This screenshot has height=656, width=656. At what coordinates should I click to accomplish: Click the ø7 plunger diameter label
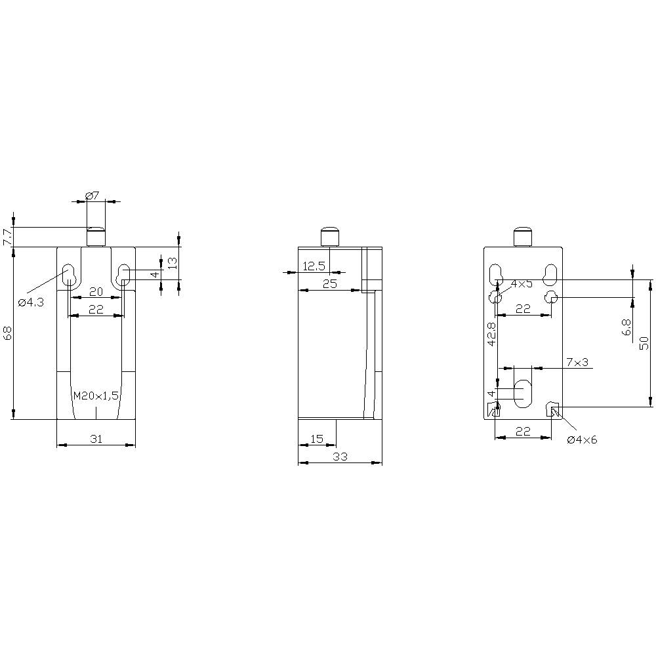point(92,195)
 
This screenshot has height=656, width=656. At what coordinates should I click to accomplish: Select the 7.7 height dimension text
point(7,236)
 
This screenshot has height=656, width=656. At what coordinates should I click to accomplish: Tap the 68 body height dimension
point(7,333)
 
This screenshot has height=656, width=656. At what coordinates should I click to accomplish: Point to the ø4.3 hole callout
point(31,302)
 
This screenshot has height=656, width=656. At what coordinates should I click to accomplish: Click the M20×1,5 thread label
point(96,396)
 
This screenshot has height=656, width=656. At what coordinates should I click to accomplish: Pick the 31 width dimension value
point(96,439)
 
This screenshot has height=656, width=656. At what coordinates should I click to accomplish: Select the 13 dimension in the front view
point(173,263)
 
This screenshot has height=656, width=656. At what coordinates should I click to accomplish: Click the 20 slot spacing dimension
point(96,292)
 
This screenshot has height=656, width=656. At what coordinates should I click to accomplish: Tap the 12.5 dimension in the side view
point(314,266)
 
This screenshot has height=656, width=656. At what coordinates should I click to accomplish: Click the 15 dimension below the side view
point(317,439)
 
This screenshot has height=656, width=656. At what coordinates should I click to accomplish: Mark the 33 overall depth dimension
point(339,456)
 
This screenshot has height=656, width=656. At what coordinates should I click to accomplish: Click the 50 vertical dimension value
point(644,342)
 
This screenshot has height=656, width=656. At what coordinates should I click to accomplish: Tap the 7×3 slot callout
point(577,362)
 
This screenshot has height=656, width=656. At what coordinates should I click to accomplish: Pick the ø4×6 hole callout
point(582,440)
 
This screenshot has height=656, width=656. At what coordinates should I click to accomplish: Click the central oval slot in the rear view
point(523,393)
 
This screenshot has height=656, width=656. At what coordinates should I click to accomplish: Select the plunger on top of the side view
point(329,236)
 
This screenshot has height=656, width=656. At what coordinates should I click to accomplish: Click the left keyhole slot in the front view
point(68,276)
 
